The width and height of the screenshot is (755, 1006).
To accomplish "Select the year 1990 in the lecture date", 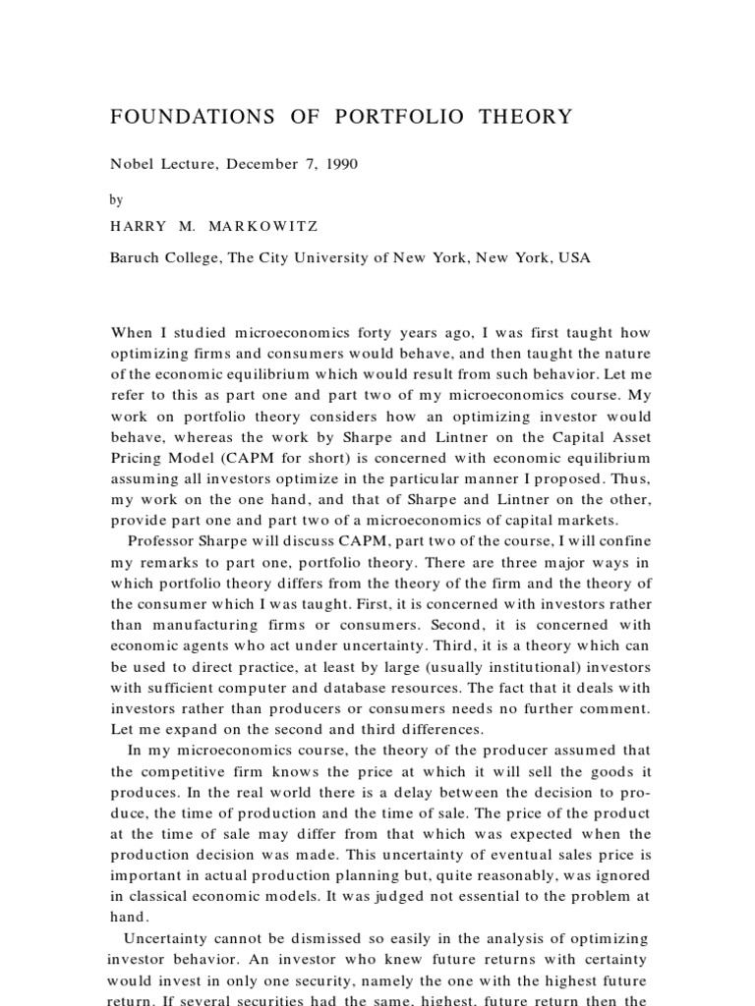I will point(340,164).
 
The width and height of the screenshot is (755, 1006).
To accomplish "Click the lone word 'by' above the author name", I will point(117,199).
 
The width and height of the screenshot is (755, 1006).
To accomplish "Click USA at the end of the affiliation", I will point(574,259).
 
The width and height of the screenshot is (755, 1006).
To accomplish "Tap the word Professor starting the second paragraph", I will point(168,540).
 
